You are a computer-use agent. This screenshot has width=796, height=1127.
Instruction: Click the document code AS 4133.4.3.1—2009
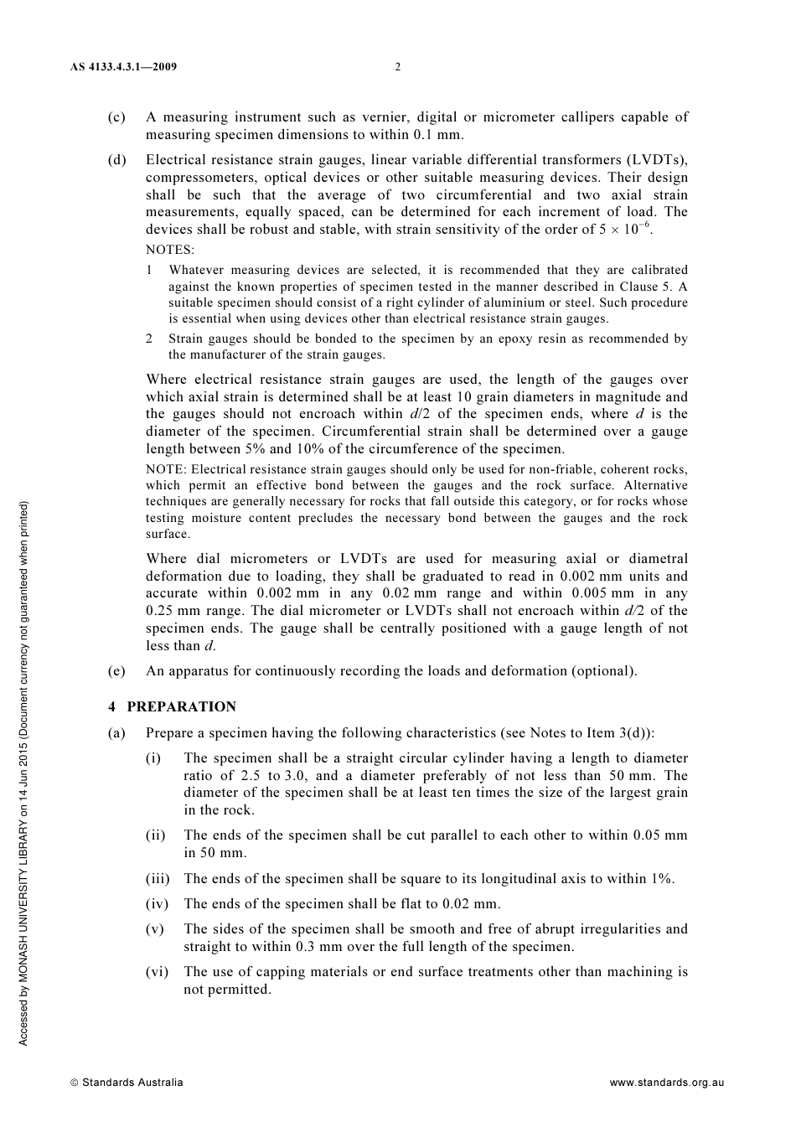pyautogui.click(x=123, y=67)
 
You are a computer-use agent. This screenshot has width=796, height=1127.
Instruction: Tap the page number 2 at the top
pyautogui.click(x=398, y=67)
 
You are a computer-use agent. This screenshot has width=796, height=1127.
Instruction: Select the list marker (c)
pyautogui.click(x=116, y=117)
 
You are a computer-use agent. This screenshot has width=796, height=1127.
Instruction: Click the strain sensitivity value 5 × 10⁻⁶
pyautogui.click(x=625, y=229)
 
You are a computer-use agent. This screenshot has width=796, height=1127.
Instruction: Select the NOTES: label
pyautogui.click(x=170, y=250)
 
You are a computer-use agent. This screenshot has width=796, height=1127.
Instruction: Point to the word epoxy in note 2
pyautogui.click(x=490, y=339)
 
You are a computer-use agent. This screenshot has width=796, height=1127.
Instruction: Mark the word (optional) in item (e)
pyautogui.click(x=604, y=670)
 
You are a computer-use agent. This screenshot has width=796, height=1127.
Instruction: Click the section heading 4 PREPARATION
pyautogui.click(x=172, y=706)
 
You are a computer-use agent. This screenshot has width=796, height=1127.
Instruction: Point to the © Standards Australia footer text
pyautogui.click(x=127, y=1083)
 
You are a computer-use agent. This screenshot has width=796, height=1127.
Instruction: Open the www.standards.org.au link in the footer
pyautogui.click(x=666, y=1083)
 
